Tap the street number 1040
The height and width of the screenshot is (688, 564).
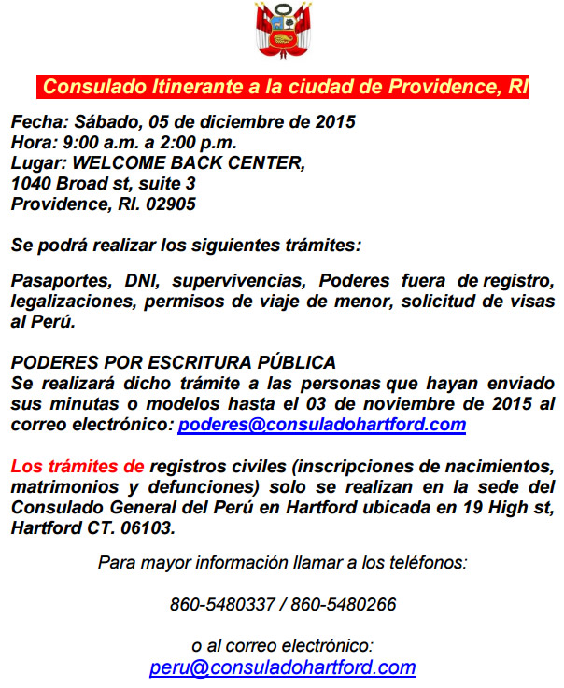pyautogui.click(x=31, y=184)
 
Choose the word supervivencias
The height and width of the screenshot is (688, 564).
pyautogui.click(x=238, y=281)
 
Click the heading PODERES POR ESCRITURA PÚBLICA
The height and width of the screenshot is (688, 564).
pyautogui.click(x=173, y=362)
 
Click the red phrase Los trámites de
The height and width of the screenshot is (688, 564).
pyautogui.click(x=78, y=466)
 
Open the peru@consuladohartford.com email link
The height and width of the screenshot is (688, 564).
pyautogui.click(x=282, y=668)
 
